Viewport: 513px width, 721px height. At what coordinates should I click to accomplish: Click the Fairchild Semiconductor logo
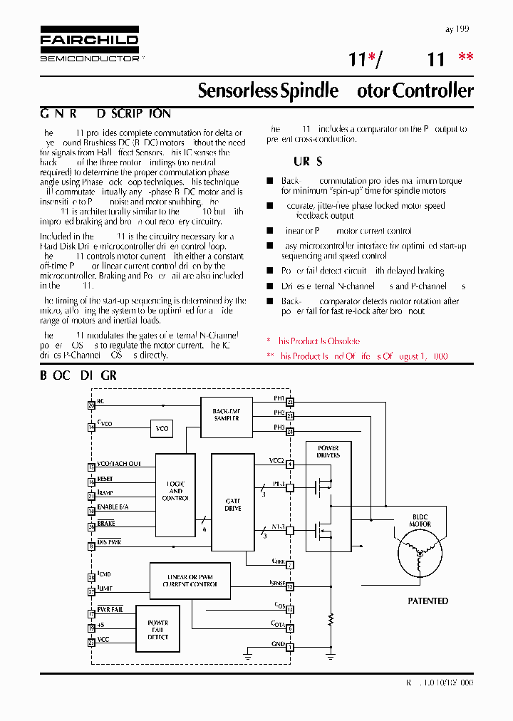89,48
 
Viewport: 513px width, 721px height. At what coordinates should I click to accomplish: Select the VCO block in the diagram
162,428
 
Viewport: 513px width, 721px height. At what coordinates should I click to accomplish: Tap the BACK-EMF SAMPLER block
226,415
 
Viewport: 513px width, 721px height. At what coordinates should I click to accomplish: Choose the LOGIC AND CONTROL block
175,491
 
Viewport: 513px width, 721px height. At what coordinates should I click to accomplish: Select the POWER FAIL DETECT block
157,630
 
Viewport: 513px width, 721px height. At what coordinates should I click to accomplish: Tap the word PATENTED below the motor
427,601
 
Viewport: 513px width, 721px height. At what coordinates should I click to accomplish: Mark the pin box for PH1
290,403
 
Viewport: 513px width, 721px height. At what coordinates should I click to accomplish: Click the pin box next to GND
290,647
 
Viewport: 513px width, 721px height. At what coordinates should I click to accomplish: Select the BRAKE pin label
106,524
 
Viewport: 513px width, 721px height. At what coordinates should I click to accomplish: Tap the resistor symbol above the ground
330,617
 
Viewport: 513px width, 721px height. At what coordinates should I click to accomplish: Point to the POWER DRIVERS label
328,452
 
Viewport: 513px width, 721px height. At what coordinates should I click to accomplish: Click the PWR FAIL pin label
110,610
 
